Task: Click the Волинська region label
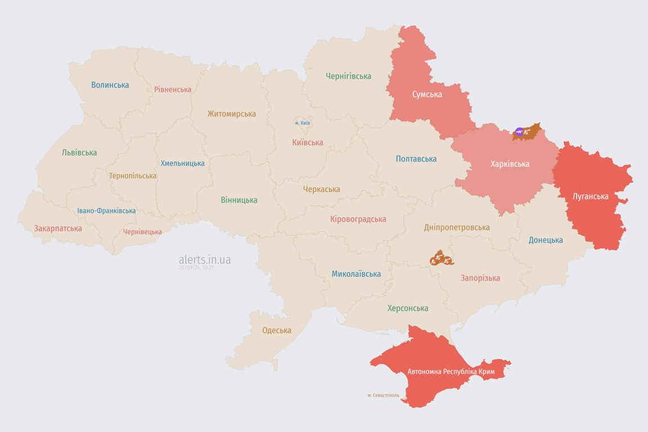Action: tap(110, 85)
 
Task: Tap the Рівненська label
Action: tap(173, 89)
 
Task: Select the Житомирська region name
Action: tap(232, 114)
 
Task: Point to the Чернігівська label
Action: tap(348, 76)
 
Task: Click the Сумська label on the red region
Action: tap(427, 94)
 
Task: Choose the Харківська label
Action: tap(510, 164)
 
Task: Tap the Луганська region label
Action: tap(590, 196)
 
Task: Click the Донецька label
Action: tap(546, 240)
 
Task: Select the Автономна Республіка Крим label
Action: tap(451, 372)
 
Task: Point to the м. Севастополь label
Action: tap(383, 395)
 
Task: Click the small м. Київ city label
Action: tap(303, 123)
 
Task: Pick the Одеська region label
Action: tap(277, 330)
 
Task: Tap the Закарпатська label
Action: tap(58, 228)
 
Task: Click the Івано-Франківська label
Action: tap(106, 211)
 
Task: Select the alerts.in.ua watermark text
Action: tap(205, 259)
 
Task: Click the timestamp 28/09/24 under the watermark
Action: tap(196, 268)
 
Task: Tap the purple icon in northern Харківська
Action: tap(519, 132)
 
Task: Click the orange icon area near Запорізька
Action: tap(441, 259)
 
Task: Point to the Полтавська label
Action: tap(416, 159)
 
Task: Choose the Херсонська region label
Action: tap(408, 308)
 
